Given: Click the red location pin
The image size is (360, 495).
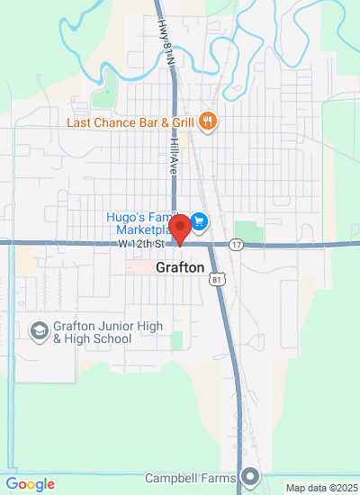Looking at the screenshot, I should (179, 229).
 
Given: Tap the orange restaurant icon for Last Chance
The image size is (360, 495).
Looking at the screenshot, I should (208, 121).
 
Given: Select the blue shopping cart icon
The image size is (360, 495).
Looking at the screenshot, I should (200, 220).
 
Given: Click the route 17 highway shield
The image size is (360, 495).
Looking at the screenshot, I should (236, 244).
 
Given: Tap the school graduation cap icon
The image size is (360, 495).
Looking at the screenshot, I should (40, 332).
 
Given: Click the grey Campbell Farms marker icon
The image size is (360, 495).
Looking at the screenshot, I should (249, 476).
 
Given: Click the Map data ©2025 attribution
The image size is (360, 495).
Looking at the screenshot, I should (321, 488).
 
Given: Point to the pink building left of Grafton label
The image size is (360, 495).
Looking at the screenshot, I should (139, 267).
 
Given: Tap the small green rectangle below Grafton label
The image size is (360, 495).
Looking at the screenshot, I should (176, 340).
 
